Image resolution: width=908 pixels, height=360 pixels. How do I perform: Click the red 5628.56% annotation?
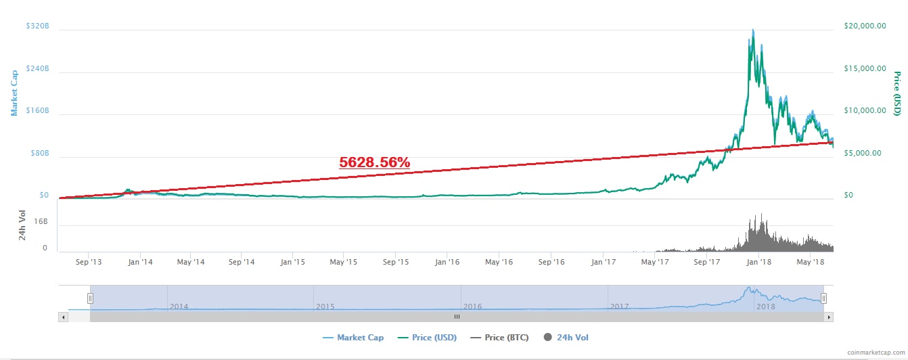click(x=374, y=162)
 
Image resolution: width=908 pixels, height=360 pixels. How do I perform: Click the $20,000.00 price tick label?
click(x=865, y=26)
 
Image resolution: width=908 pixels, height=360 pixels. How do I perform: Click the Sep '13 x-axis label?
click(x=90, y=261)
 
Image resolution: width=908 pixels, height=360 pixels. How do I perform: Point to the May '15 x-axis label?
click(x=344, y=261)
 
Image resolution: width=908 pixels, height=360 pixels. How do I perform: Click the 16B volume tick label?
click(x=41, y=221)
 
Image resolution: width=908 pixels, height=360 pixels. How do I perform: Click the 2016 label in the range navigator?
click(x=472, y=307)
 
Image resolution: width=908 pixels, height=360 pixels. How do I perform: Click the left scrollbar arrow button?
click(x=64, y=317)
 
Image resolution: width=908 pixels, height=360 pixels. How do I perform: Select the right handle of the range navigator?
click(x=823, y=298)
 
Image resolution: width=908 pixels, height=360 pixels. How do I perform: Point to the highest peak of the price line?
click(x=753, y=30)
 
